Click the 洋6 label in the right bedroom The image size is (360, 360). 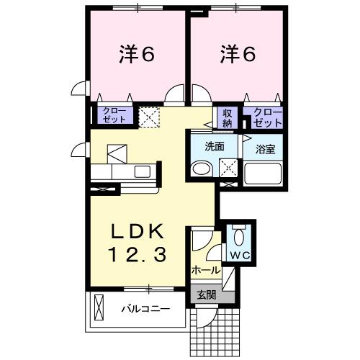237,54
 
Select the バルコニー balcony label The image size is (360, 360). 145,310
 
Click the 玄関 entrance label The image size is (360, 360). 206,294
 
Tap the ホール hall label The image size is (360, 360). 206,271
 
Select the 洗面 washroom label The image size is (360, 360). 215,146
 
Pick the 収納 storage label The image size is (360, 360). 228,117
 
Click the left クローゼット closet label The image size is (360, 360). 114,115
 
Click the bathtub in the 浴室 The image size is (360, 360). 264,174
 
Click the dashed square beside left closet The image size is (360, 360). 150,116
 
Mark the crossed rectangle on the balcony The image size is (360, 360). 99,310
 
